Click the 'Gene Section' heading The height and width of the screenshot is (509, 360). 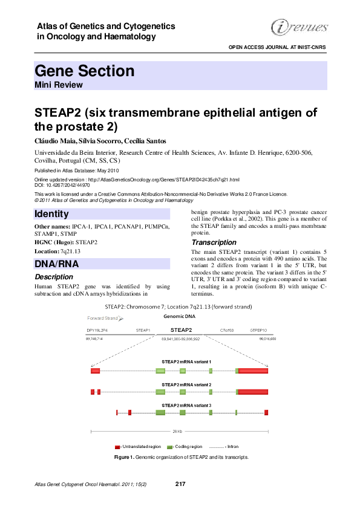pyautogui.click(x=85, y=71)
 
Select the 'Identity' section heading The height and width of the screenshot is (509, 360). pyautogui.click(x=52, y=214)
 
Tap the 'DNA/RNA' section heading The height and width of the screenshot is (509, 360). pyautogui.click(x=57, y=264)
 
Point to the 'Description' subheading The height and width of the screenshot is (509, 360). pyautogui.click(x=54, y=277)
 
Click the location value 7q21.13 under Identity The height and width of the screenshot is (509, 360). pyautogui.click(x=69, y=251)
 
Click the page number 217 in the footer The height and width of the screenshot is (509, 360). pyautogui.click(x=180, y=484)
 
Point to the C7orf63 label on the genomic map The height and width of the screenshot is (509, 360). pyautogui.click(x=227, y=331)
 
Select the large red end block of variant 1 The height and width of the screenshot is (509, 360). pyautogui.click(x=253, y=371)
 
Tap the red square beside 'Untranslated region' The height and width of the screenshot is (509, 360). pyautogui.click(x=117, y=446)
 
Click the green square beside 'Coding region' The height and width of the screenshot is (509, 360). pyautogui.click(x=170, y=446)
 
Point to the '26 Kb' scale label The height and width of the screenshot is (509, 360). pyautogui.click(x=177, y=431)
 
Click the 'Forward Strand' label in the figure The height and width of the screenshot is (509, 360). pyautogui.click(x=102, y=317)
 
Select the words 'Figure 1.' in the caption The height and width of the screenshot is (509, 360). pyautogui.click(x=124, y=458)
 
